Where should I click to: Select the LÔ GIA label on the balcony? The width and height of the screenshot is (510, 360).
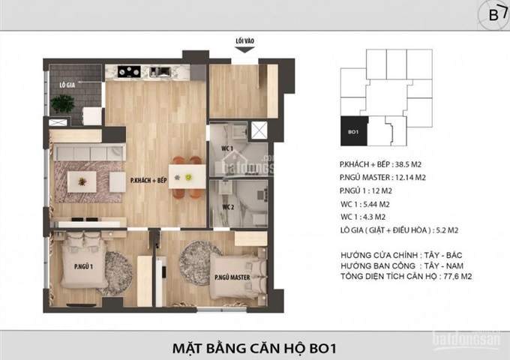tap(67, 85)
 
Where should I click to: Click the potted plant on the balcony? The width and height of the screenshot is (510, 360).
tap(63, 104)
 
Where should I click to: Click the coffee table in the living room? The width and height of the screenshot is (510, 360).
tap(80, 181)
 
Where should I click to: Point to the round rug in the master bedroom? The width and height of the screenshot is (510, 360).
tap(197, 255)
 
